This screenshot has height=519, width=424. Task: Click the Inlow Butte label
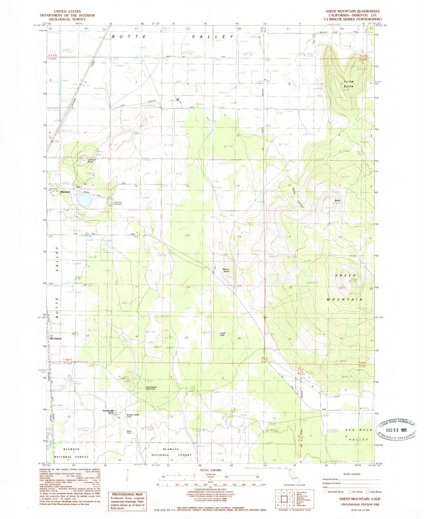click(x=349, y=84)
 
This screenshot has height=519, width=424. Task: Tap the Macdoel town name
click(x=65, y=192)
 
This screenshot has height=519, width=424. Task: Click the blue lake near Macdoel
click(x=84, y=201)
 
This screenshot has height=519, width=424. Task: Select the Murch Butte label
click(x=226, y=270)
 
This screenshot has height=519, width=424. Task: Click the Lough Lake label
click(x=223, y=334)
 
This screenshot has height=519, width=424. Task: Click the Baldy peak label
click(x=337, y=201)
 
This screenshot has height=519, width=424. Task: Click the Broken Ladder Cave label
click(x=133, y=416)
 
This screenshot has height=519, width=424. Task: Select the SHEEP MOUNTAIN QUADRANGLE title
click(x=352, y=11)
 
